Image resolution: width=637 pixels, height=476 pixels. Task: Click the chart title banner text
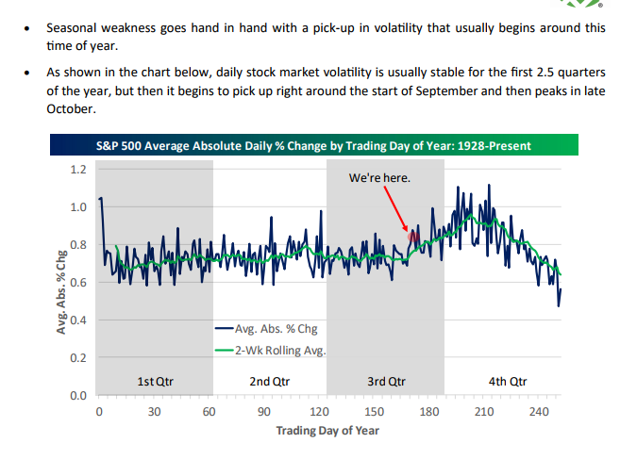click(313, 146)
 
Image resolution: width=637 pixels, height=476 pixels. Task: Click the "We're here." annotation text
click(380, 176)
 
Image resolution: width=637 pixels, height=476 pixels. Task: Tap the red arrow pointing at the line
click(396, 207)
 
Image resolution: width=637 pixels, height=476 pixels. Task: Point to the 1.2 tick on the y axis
click(79, 170)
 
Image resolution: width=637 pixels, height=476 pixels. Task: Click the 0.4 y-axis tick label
click(79, 320)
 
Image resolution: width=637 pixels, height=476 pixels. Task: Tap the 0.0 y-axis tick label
click(79, 396)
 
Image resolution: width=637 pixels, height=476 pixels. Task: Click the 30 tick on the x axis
click(154, 412)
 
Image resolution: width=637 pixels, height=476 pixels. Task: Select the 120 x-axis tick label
click(319, 412)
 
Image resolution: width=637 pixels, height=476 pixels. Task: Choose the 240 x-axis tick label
click(539, 412)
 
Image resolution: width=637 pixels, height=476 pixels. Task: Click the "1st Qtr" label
click(156, 382)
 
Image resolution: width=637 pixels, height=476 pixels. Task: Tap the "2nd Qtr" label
click(270, 382)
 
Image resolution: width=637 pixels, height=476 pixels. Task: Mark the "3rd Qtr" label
click(385, 382)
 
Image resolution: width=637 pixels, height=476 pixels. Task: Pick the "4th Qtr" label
click(508, 382)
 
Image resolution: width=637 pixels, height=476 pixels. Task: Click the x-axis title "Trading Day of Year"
click(327, 431)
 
